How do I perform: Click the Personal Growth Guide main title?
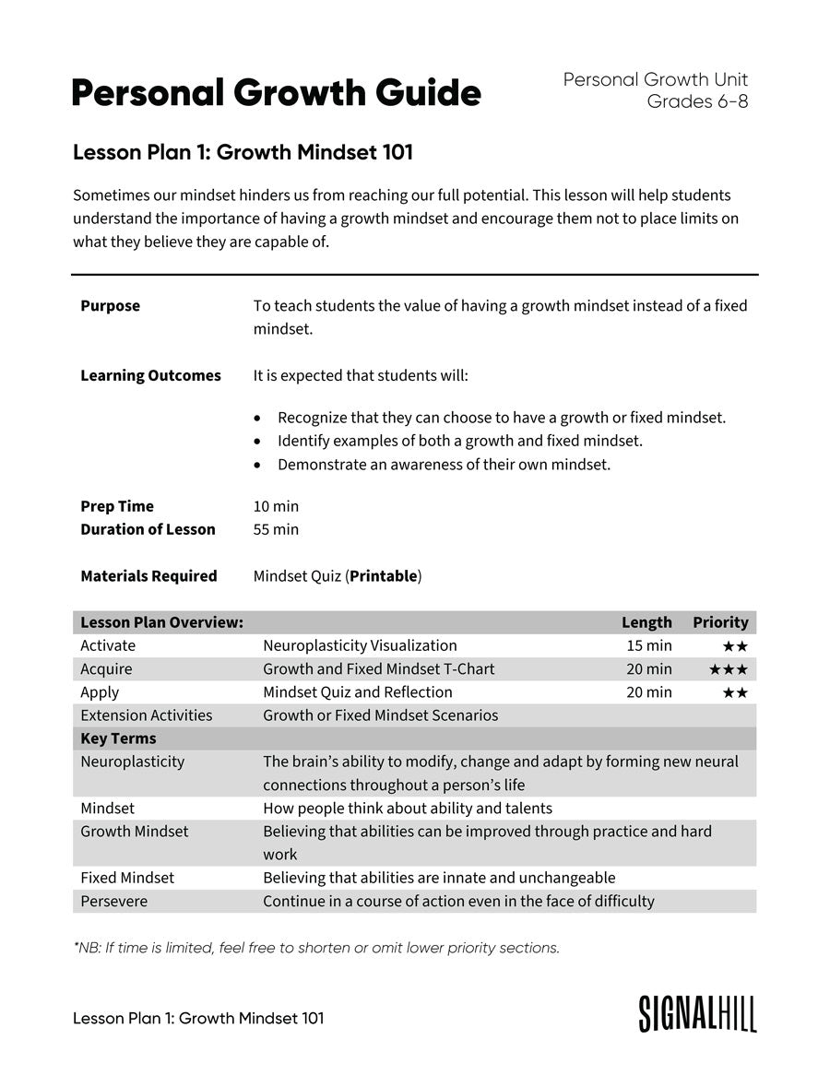tap(276, 94)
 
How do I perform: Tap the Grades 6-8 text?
tap(697, 102)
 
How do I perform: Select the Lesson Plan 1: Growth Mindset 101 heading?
tap(243, 153)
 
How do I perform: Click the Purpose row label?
tap(110, 306)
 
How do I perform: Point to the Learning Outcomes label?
tap(150, 375)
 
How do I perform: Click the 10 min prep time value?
tap(276, 506)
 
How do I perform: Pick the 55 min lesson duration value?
tap(276, 529)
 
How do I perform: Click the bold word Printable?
tap(383, 576)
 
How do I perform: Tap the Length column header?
tap(646, 622)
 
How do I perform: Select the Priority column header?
tap(720, 622)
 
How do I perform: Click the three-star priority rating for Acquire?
tap(728, 669)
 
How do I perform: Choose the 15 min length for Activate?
tap(648, 645)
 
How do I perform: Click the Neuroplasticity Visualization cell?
tap(360, 645)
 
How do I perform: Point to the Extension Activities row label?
tap(146, 715)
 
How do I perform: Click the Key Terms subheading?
tap(118, 738)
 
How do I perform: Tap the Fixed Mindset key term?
tap(127, 878)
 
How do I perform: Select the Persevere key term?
tap(113, 901)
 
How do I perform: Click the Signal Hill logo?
tap(697, 1013)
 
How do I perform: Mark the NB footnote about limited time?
tap(316, 948)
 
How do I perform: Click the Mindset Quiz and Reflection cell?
tap(358, 692)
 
